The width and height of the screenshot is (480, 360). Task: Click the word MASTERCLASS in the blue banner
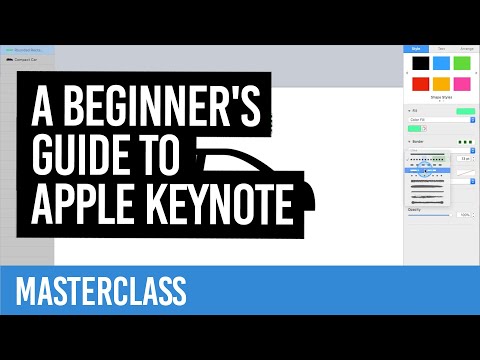[101, 292]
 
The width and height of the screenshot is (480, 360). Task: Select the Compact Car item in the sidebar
[27, 59]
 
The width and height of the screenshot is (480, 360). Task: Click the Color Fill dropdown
[440, 119]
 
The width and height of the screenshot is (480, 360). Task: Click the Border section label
[417, 143]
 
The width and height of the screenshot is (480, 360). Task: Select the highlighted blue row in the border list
[425, 171]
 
